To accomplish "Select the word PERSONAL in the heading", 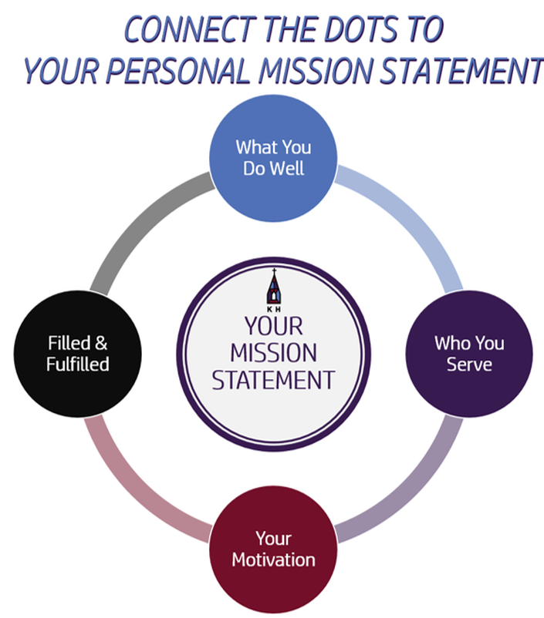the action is tap(178, 71).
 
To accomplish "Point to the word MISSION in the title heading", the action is tap(316, 71).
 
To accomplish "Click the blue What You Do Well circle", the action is tap(273, 159).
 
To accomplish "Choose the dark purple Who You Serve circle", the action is tap(469, 354).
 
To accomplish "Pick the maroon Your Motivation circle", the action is tap(273, 549).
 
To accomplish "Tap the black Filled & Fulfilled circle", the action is tap(77, 354).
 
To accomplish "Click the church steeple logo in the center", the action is tap(274, 287).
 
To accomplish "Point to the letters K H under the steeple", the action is tap(274, 310).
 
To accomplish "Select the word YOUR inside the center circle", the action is tap(274, 326).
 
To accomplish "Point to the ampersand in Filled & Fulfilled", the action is tap(101, 343).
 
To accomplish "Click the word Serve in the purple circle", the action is tap(469, 364).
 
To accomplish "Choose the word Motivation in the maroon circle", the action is tap(274, 559).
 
